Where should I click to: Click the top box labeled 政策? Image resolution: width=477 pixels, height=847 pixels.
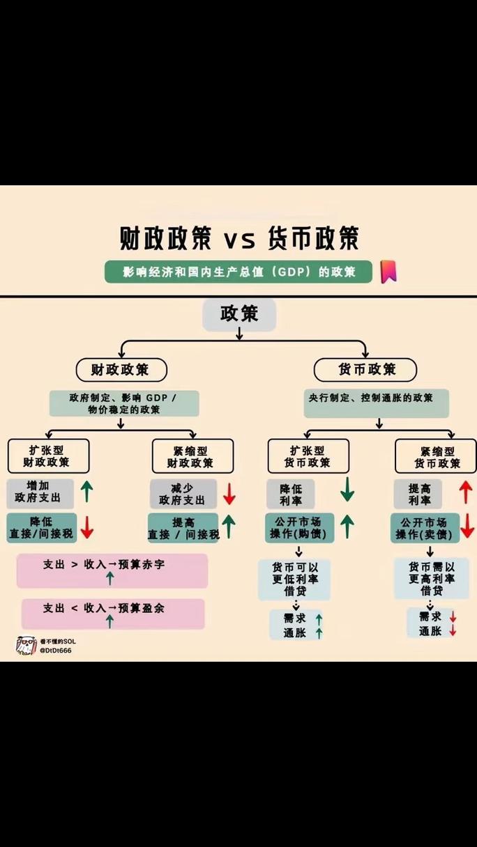(x=239, y=314)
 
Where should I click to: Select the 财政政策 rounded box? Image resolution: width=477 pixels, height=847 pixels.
(x=121, y=369)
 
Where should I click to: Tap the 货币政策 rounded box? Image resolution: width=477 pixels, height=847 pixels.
(x=365, y=369)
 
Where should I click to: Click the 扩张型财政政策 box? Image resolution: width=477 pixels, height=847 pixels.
(x=49, y=456)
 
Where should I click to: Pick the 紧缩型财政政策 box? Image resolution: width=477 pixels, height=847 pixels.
(x=192, y=456)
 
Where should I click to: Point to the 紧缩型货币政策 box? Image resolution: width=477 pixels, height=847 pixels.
(x=436, y=456)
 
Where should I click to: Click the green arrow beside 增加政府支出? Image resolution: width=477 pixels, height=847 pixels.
(x=86, y=491)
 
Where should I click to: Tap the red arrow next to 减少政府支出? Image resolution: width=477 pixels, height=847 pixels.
(x=229, y=494)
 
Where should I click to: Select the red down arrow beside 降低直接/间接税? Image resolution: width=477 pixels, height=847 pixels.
(x=86, y=527)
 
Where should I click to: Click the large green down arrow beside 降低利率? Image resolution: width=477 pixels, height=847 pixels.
(x=347, y=490)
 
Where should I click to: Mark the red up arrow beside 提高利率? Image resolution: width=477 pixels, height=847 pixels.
(x=466, y=492)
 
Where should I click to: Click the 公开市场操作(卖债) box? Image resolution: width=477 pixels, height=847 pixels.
(x=424, y=528)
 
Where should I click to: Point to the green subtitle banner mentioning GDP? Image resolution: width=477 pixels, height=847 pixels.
(x=238, y=272)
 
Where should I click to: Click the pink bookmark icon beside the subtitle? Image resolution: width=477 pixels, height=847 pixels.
(x=388, y=272)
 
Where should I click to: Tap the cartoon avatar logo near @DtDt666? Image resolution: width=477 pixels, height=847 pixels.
(x=26, y=645)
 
